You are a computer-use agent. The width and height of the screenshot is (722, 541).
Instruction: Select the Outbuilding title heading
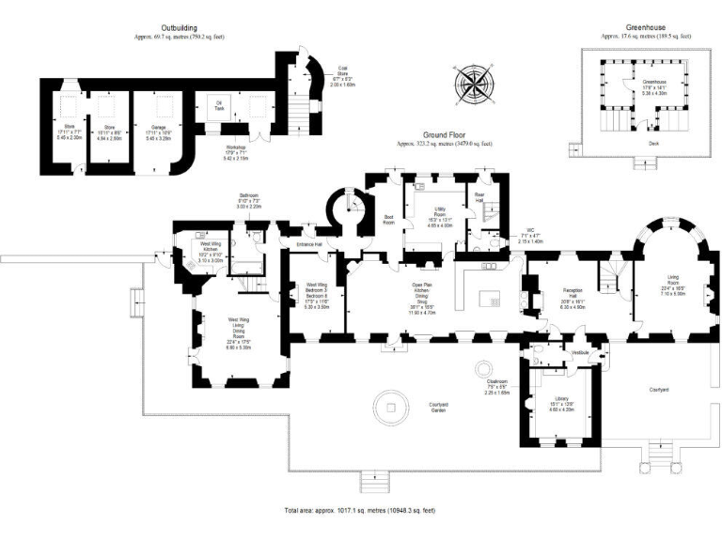[179, 28]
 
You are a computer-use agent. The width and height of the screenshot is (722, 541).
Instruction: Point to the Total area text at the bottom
[361, 509]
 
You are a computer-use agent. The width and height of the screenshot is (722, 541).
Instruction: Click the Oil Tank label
[219, 106]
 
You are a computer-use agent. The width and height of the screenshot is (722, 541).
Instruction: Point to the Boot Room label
[388, 222]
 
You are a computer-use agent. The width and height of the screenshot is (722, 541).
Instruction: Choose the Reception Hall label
[573, 296]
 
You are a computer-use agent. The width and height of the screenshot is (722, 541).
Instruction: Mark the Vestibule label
[581, 351]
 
